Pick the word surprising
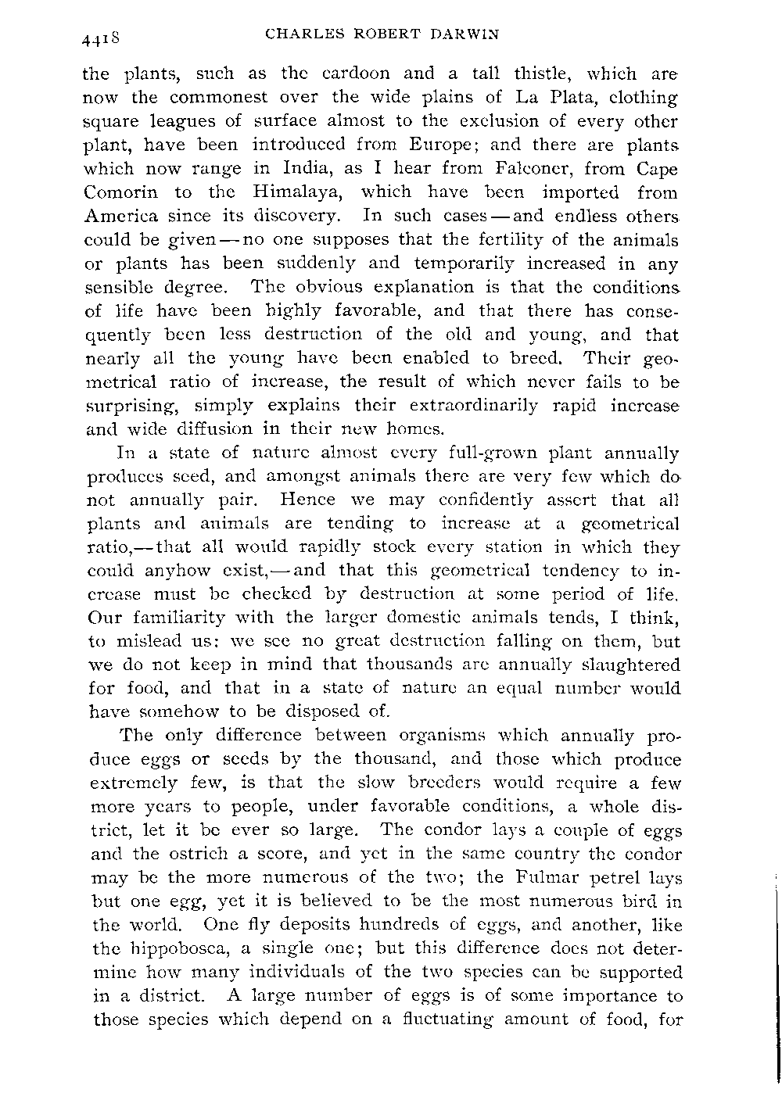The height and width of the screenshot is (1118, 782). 129,406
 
